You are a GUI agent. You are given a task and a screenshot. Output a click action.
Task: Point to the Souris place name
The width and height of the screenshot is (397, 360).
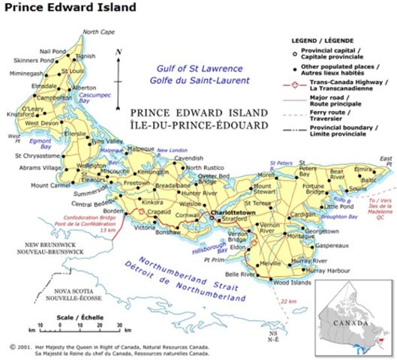(358, 189)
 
